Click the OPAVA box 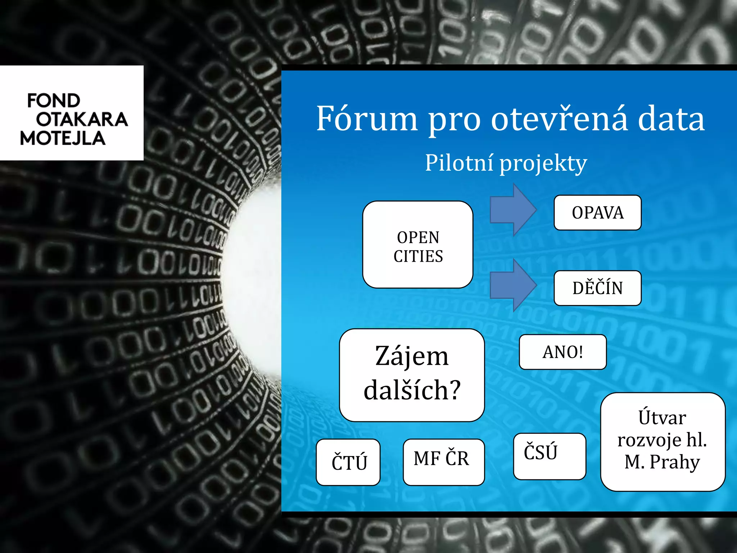pos(597,212)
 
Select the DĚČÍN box pos(597,288)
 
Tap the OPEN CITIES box pos(418,245)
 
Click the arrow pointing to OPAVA pos(513,210)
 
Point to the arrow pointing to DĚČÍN pos(513,285)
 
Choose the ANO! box pos(562,352)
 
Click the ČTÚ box pos(348,462)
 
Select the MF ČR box pos(443,462)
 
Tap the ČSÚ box pos(550,456)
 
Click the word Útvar pos(662,418)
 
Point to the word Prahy pos(675,462)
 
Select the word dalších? pos(412,390)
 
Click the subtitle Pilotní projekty pos(506,163)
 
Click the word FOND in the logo pos(54,100)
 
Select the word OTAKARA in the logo pos(82,120)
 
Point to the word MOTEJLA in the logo pos(63,139)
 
